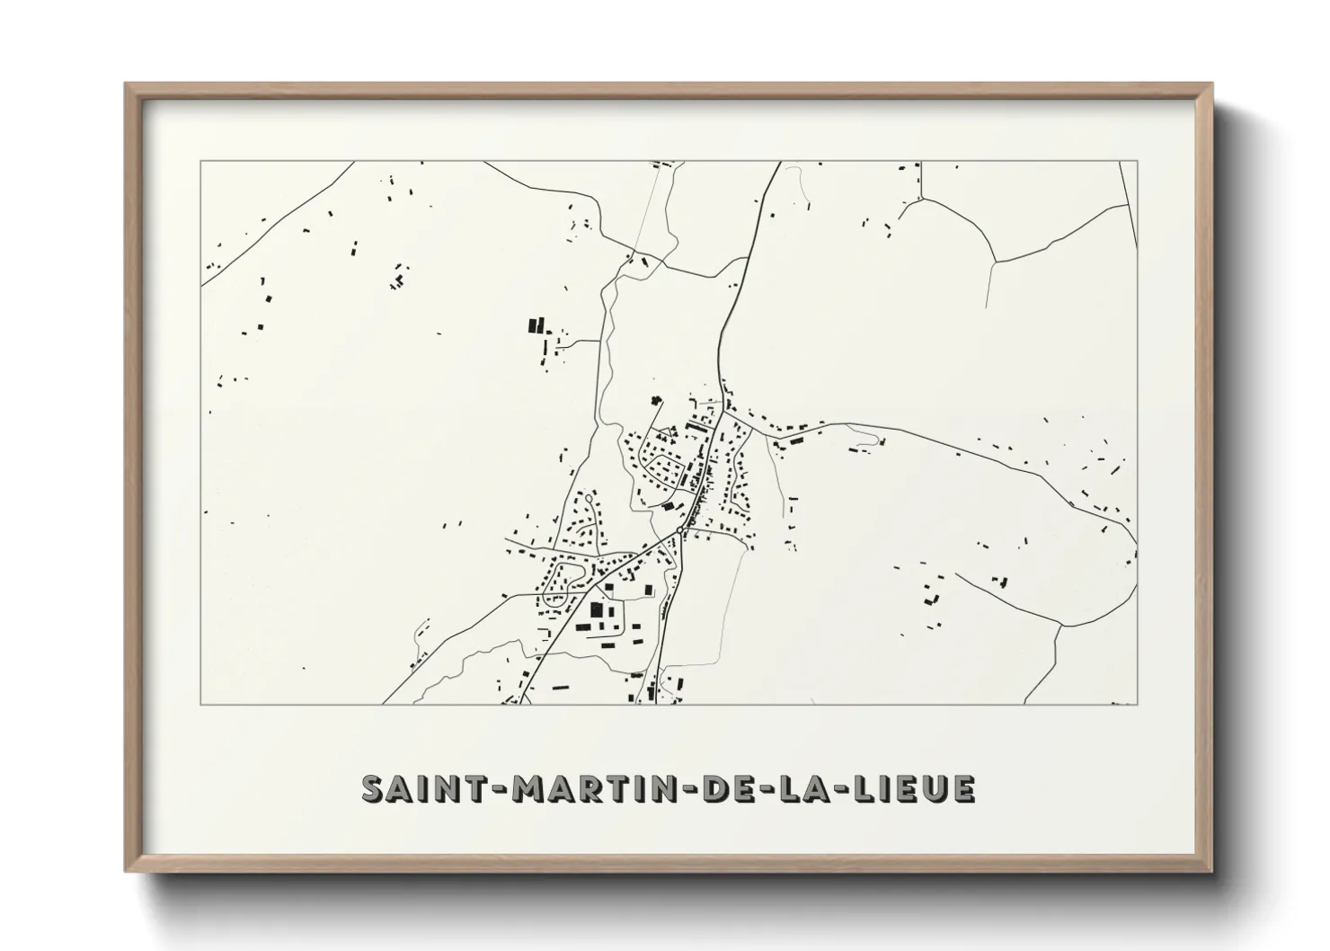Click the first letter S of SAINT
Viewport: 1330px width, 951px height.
click(x=373, y=788)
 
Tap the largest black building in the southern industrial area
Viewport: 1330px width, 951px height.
click(x=595, y=611)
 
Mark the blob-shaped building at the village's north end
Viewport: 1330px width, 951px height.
click(x=654, y=402)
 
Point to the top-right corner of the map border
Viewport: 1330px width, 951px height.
click(x=1138, y=161)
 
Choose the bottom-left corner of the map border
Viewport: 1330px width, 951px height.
click(x=201, y=704)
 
